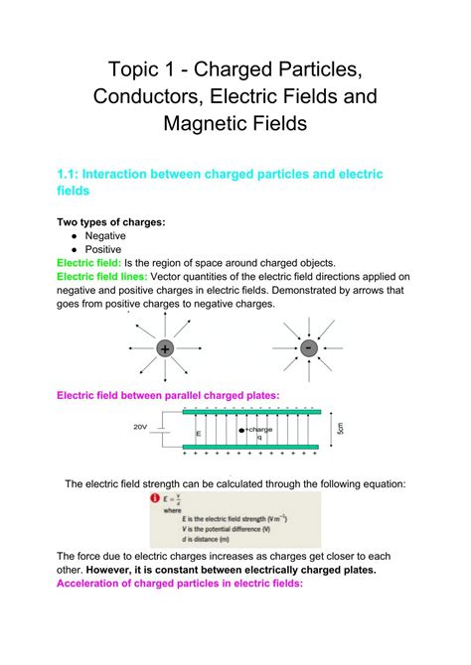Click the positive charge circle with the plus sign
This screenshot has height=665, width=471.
[165, 348]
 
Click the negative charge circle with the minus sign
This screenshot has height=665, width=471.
[309, 347]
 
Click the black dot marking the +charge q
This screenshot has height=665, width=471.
[241, 430]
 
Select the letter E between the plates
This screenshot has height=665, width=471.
[198, 434]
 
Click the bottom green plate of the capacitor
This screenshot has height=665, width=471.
[249, 448]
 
